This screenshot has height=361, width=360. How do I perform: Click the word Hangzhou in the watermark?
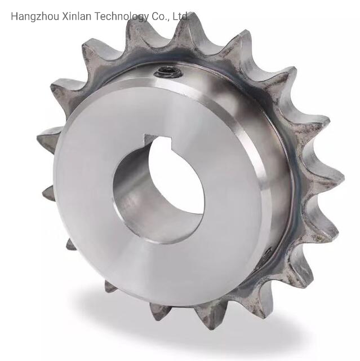35,16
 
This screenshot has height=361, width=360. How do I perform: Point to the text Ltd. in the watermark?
181,16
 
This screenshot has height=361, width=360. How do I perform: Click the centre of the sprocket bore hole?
159,189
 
